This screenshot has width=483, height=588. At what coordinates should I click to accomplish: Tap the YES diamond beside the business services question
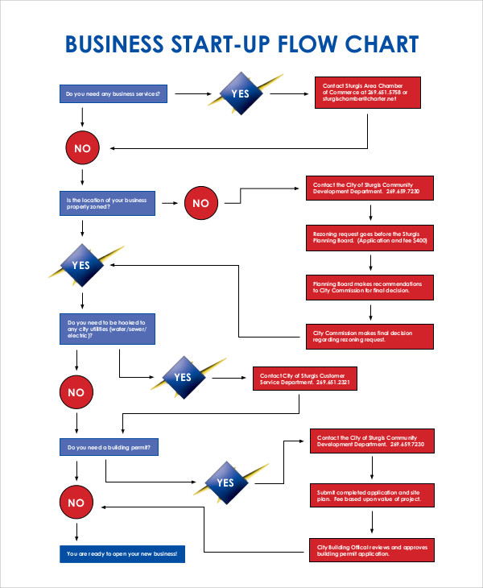[241, 93]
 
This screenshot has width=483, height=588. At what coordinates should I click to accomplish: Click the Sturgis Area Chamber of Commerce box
[367, 93]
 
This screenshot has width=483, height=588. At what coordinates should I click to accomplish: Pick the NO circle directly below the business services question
[82, 148]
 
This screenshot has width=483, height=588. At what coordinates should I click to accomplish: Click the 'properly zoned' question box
[107, 203]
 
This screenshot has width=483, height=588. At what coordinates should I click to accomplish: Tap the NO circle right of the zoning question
[200, 204]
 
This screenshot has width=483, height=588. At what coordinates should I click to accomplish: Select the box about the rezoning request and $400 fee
[369, 237]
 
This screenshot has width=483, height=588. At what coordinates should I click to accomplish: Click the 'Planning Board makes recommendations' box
[369, 287]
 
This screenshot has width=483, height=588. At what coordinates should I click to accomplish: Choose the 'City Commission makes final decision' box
[369, 336]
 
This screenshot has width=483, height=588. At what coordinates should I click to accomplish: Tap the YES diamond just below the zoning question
[81, 265]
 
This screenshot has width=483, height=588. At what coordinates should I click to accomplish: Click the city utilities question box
[107, 329]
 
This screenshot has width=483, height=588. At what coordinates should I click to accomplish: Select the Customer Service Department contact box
[305, 379]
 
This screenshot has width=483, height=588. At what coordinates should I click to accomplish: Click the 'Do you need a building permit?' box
[107, 447]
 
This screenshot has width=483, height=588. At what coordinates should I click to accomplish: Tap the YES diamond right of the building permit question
[225, 482]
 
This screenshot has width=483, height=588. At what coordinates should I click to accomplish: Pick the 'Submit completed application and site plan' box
[371, 495]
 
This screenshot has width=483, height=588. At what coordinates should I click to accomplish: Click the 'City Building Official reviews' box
[371, 550]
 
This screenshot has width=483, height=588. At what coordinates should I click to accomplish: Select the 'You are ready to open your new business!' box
[122, 554]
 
